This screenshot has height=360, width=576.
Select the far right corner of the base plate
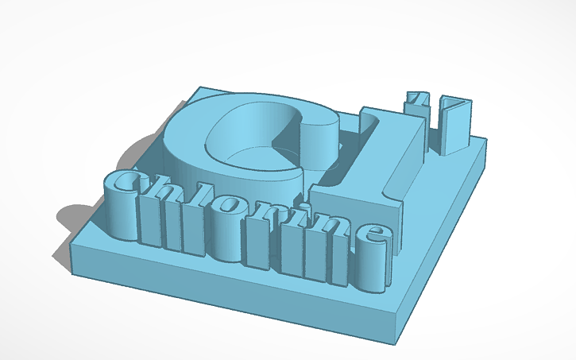click(x=486, y=143)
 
